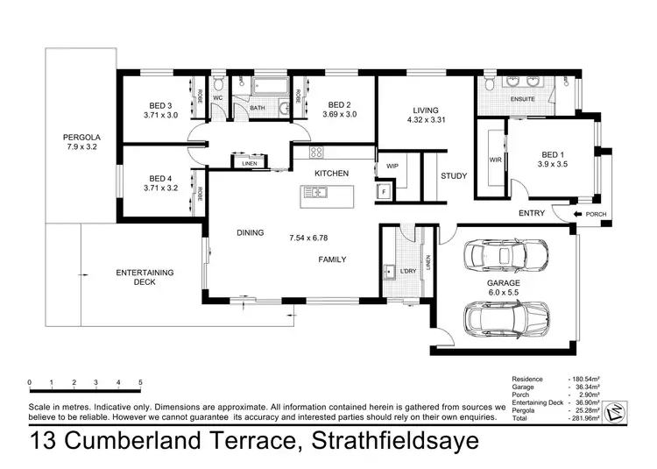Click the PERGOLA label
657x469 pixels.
79,138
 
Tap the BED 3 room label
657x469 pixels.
160,103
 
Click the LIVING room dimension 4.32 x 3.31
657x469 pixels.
427,122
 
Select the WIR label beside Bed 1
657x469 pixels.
494,160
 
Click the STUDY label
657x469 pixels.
453,176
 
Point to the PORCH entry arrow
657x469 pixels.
579,213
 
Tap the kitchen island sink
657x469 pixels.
320,194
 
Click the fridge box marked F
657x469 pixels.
384,191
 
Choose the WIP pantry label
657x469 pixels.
392,165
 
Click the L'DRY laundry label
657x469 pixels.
408,272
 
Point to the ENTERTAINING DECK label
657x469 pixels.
145,277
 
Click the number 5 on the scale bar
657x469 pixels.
141,383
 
